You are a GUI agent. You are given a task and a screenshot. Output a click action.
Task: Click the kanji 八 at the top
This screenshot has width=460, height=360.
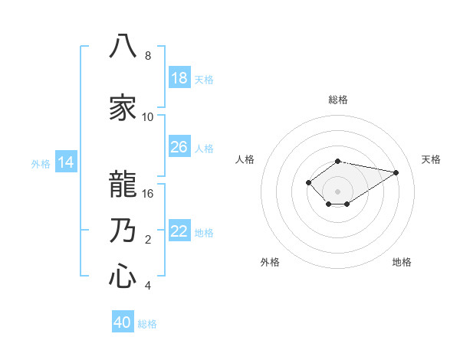123,46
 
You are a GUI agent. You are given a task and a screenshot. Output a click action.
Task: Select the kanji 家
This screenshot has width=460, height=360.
123,107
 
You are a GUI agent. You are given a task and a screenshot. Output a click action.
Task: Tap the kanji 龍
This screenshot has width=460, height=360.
123,184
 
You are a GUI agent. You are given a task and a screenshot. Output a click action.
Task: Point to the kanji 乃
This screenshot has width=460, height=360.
123,230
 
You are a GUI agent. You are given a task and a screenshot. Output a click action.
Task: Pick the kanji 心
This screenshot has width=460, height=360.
123,276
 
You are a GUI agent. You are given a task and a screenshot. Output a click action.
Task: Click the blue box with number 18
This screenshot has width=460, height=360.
179,77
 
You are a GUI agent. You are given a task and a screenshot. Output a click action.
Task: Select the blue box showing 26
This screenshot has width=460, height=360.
179,146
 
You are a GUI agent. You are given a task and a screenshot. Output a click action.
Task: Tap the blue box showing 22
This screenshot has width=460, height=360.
179,230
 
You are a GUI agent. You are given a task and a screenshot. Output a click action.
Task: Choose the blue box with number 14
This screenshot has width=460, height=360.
66,162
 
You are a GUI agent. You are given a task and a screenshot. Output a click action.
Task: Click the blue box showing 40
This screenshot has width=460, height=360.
123,321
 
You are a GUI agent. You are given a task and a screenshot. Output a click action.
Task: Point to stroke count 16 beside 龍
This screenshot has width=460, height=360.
147,194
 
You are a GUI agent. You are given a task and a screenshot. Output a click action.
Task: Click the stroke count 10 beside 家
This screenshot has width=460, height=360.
147,117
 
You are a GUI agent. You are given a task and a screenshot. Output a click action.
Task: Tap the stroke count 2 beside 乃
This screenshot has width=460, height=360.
148,240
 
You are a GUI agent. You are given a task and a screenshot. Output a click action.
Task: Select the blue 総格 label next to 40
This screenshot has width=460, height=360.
147,324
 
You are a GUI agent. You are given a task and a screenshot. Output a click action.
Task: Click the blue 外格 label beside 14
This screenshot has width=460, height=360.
41,164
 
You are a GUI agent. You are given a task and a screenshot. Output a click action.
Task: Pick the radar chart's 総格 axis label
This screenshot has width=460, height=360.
338,100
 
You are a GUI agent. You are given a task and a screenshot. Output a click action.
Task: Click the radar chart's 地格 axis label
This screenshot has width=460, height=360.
402,262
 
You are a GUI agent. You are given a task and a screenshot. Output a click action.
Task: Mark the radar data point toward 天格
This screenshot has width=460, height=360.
396,172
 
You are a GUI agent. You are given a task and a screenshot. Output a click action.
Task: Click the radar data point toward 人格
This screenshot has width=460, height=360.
308,182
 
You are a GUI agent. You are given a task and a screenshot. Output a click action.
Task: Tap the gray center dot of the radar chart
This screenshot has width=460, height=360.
337,191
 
